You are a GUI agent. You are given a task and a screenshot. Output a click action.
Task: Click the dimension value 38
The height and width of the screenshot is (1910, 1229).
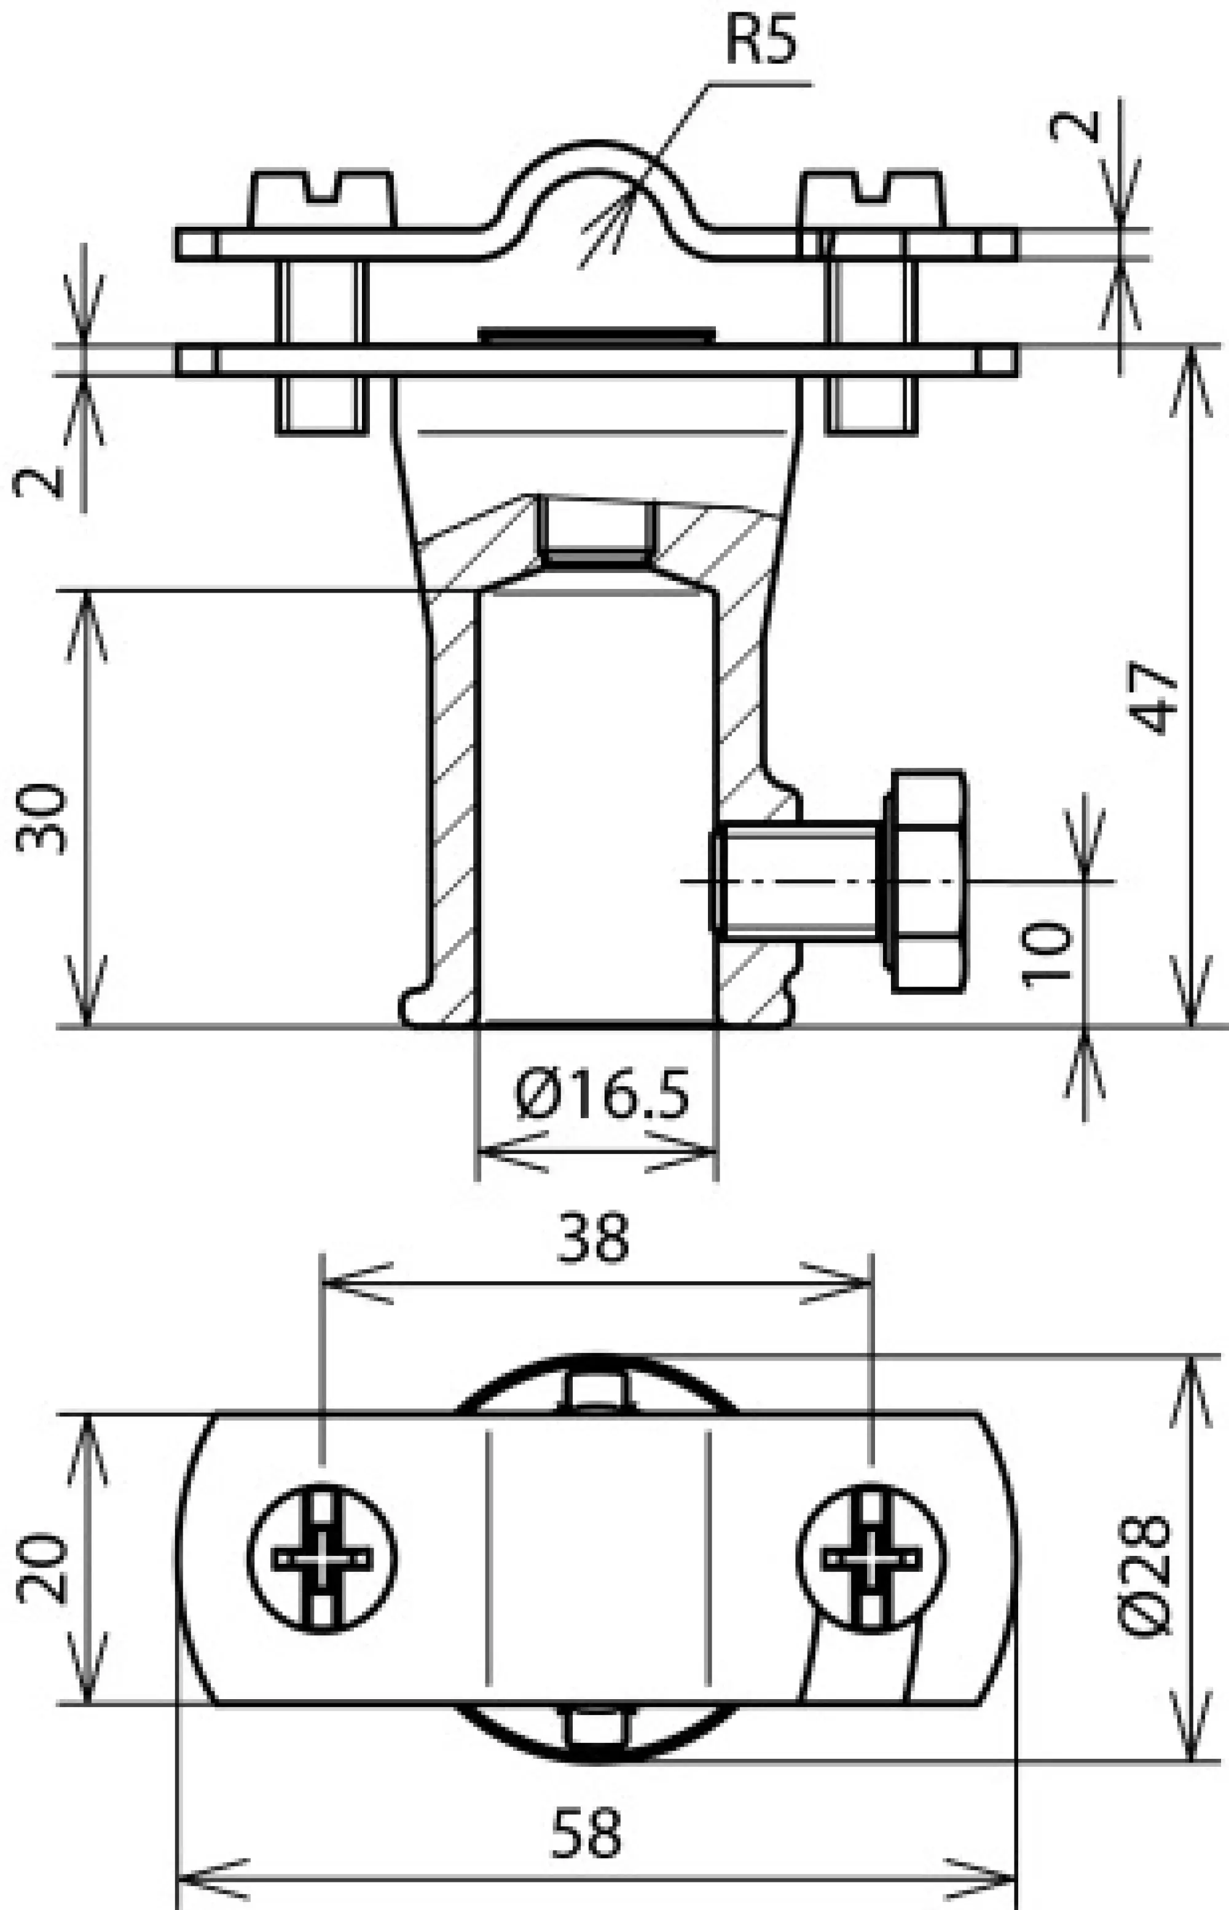[x=593, y=1239]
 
